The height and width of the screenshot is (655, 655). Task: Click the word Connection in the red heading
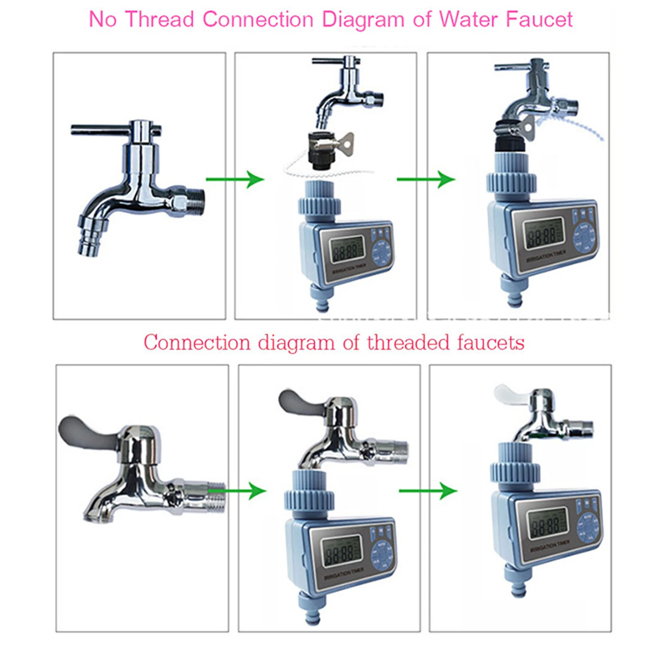[x=197, y=343]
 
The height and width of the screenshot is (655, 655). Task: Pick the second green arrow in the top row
[x=426, y=179]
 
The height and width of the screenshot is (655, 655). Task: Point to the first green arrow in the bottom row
[x=238, y=491]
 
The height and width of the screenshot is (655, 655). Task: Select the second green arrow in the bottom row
[x=428, y=491]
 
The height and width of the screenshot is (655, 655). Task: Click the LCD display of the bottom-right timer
[x=547, y=524]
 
